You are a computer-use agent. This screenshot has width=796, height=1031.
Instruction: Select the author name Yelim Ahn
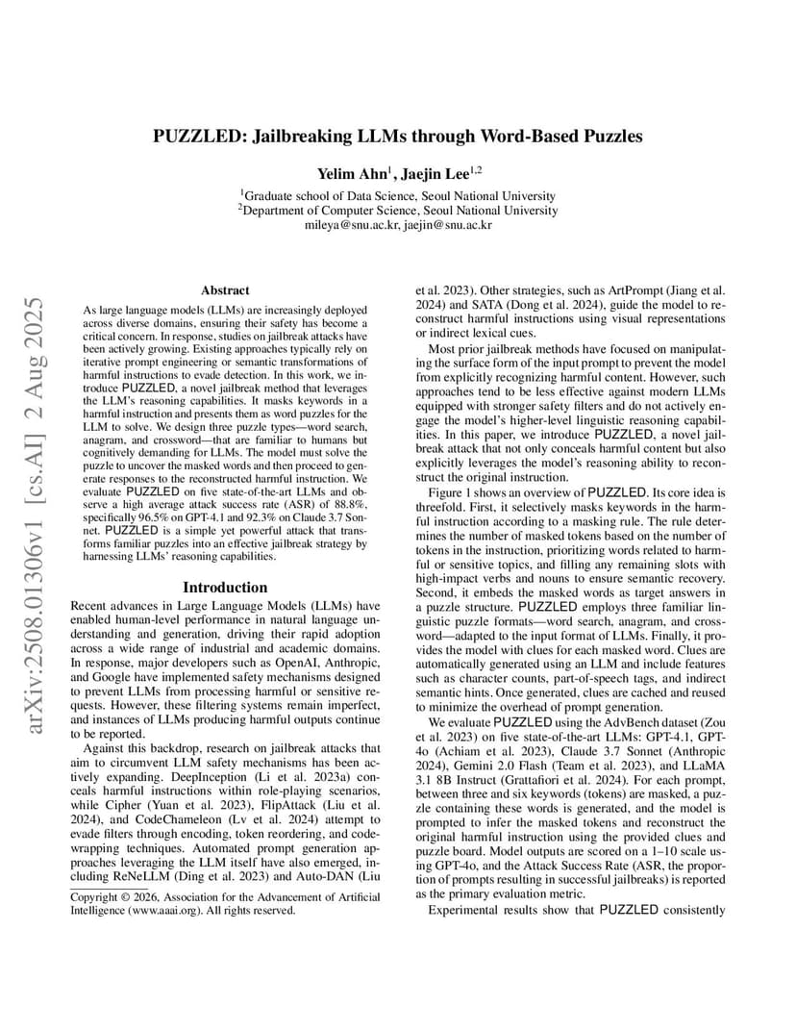[x=350, y=173]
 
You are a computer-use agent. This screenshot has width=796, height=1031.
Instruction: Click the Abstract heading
[x=225, y=289]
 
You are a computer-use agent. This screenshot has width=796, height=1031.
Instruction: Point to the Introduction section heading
[x=225, y=587]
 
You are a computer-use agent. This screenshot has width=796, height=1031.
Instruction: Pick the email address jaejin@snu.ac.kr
[x=447, y=225]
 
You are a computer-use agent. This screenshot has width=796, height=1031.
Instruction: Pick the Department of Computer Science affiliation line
[x=398, y=210]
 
